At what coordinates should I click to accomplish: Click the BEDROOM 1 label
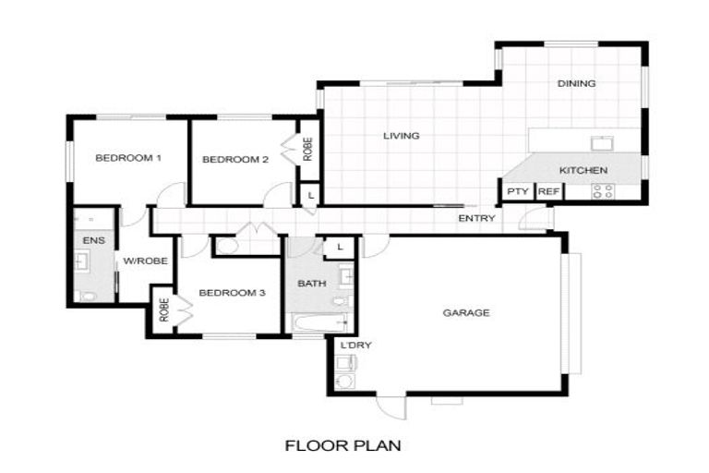tap(128, 158)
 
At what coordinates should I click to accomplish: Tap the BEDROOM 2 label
tap(234, 160)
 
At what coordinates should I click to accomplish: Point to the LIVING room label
tap(402, 136)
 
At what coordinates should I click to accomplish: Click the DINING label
tap(576, 84)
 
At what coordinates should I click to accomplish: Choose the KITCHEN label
tap(583, 171)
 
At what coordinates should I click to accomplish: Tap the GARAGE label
tap(465, 313)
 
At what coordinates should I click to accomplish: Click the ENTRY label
tap(477, 219)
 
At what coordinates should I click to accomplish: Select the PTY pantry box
tap(516, 192)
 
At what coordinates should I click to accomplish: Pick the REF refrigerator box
tap(548, 192)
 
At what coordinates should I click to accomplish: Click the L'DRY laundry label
tap(355, 346)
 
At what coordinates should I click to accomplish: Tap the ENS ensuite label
tap(94, 240)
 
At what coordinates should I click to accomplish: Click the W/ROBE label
tap(146, 261)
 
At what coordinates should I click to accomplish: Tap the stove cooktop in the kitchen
tap(603, 192)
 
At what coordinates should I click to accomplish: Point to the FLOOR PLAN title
tap(342, 446)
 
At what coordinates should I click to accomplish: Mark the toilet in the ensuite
tap(88, 295)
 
